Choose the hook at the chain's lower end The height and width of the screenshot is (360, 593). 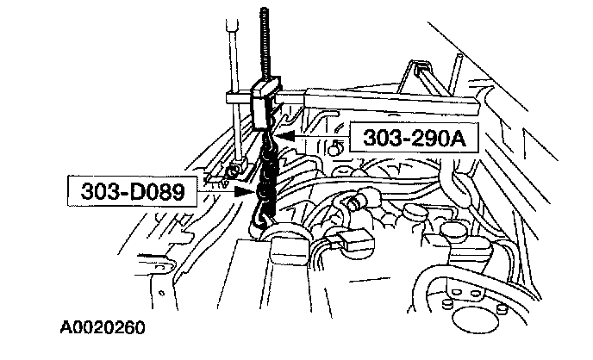[259, 220]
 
